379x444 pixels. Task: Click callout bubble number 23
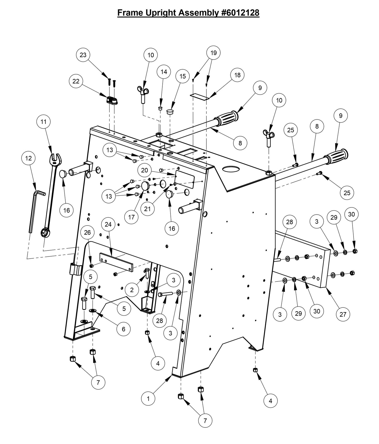(83, 55)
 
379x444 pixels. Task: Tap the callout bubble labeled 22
(76, 81)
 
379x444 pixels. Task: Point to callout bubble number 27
(343, 314)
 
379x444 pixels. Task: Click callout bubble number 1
(148, 399)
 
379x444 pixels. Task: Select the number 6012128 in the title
(241, 13)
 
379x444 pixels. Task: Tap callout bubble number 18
(237, 75)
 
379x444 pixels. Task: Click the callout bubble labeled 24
(108, 224)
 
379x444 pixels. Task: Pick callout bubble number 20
(145, 170)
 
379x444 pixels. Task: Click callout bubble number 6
(124, 329)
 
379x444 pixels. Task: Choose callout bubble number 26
(87, 232)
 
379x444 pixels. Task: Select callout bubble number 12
(28, 158)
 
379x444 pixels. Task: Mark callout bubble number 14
(164, 72)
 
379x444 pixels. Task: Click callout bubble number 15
(183, 76)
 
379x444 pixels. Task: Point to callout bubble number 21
(147, 208)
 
